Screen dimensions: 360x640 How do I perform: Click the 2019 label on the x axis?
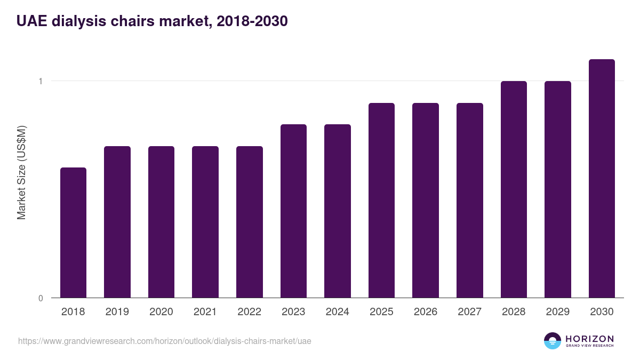coord(117,312)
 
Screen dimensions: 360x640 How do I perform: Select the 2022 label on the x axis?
coord(249,312)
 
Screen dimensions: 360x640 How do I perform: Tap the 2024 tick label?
coord(338,312)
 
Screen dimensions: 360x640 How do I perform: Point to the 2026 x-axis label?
coord(426,312)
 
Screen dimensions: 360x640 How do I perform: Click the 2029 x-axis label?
coord(558,312)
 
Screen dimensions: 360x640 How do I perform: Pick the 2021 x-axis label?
coord(205,312)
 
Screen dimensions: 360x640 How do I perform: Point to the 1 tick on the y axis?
coord(40,81)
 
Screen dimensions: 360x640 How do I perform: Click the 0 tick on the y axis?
coord(41,298)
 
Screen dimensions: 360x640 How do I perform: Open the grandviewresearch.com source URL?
coord(164,341)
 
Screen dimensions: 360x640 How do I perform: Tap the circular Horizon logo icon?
coord(553,341)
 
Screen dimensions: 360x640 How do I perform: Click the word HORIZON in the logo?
coord(589,339)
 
